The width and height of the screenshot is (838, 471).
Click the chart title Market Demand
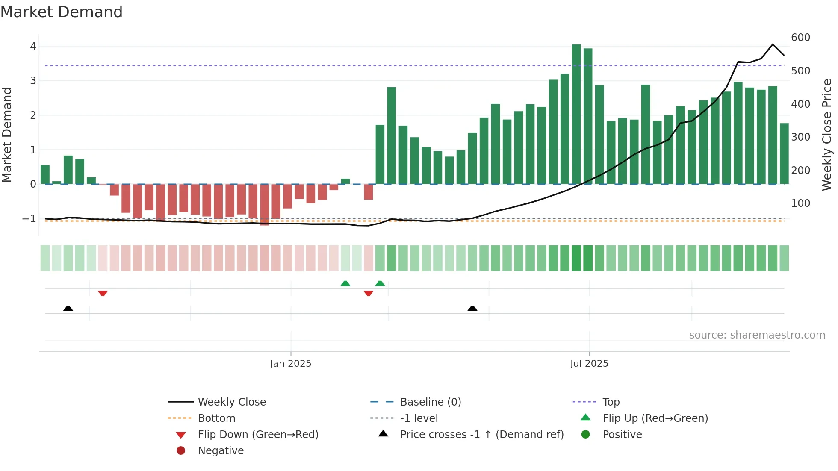(62, 12)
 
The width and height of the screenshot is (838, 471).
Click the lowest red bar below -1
(265, 204)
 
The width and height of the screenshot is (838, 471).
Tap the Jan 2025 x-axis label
(291, 364)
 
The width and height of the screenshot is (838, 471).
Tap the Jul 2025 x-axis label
(589, 364)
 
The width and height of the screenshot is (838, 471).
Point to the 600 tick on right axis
(800, 38)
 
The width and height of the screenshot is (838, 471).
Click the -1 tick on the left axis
(30, 219)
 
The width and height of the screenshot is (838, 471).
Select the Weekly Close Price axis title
(827, 135)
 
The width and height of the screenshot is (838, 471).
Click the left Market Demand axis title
(7, 135)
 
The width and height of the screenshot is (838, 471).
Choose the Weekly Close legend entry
(231, 402)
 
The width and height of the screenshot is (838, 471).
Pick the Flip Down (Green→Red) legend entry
(258, 435)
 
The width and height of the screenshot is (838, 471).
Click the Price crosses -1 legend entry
(481, 435)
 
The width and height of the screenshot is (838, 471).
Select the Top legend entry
(611, 402)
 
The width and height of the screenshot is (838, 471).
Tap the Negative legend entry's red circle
(181, 451)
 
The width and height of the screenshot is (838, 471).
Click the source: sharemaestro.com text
(757, 335)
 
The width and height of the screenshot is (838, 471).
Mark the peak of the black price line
(773, 44)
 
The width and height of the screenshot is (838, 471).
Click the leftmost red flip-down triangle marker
(103, 293)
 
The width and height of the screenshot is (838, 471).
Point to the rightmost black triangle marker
(472, 308)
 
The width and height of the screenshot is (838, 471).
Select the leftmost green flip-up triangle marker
(345, 283)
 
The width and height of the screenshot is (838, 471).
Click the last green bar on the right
(784, 154)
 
